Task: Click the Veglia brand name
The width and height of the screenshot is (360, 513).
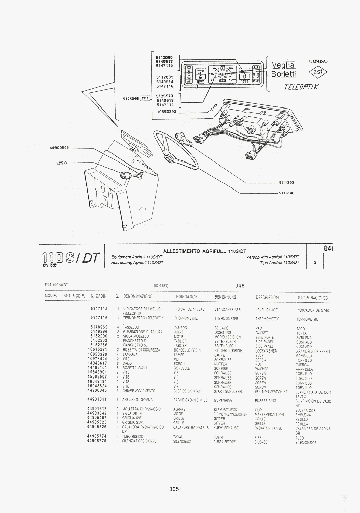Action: tap(283, 65)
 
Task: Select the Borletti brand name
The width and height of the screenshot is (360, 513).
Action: tap(284, 74)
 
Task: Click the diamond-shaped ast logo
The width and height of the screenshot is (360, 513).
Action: tap(318, 72)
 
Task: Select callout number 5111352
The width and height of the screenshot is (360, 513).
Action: tap(287, 182)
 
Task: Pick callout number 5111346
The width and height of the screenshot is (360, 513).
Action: tap(287, 193)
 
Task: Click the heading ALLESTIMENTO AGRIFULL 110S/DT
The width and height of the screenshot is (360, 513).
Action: tap(205, 251)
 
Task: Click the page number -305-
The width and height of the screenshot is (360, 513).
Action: tap(174, 490)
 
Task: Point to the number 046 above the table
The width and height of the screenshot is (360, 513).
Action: tap(241, 286)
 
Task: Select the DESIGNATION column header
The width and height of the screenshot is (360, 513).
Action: tap(186, 296)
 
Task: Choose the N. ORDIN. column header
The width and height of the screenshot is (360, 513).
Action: tap(99, 296)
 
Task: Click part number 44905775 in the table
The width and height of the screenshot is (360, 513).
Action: tap(97, 441)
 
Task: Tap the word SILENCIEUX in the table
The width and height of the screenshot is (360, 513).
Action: tap(183, 441)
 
